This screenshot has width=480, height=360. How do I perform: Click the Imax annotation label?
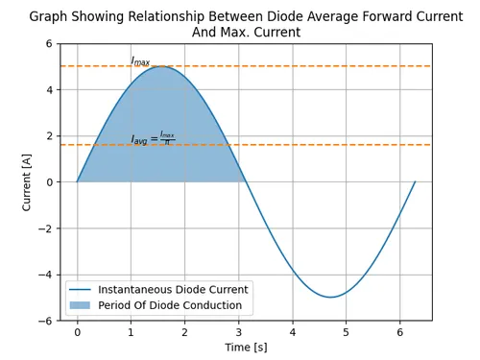pyautogui.click(x=140, y=60)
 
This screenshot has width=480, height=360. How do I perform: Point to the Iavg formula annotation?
pyautogui.click(x=153, y=138)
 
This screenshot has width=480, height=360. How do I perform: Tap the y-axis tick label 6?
pyautogui.click(x=49, y=43)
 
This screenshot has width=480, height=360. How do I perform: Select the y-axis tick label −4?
pyautogui.click(x=45, y=275)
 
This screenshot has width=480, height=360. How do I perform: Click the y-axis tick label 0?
pyautogui.click(x=49, y=182)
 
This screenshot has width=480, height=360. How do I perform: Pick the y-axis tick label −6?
pyautogui.click(x=45, y=321)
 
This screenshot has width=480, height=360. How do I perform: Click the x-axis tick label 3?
pyautogui.click(x=239, y=332)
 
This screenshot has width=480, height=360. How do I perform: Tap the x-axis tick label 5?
pyautogui.click(x=346, y=332)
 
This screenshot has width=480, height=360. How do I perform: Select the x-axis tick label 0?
pyautogui.click(x=77, y=332)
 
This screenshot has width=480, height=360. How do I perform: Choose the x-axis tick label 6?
pyautogui.click(x=400, y=332)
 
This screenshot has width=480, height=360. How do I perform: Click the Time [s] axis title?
pyautogui.click(x=246, y=348)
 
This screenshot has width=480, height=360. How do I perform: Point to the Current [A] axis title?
pyautogui.click(x=27, y=182)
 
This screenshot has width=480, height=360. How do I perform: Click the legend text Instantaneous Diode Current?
pyautogui.click(x=173, y=290)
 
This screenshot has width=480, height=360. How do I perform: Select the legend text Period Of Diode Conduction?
pyautogui.click(x=170, y=305)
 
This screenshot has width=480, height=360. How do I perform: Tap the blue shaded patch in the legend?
pyautogui.click(x=80, y=305)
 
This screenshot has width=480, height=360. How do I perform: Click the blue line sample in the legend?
pyautogui.click(x=80, y=290)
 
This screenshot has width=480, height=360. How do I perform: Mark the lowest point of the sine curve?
pyautogui.click(x=330, y=298)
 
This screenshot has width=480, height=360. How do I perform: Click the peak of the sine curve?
pyautogui.click(x=161, y=66)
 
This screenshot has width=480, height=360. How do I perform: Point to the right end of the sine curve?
pyautogui.click(x=415, y=181)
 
